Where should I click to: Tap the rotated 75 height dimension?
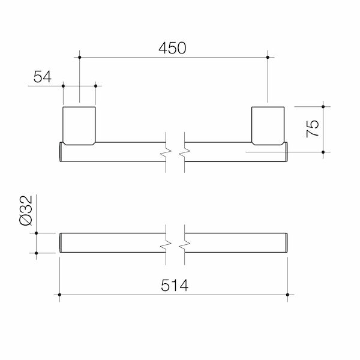(x=311, y=129)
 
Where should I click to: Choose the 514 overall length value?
(x=173, y=286)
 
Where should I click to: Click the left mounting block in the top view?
(x=79, y=125)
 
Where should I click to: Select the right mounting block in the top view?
(x=267, y=125)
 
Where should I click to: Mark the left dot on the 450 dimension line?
(x=79, y=58)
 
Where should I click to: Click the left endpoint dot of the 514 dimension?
(x=59, y=295)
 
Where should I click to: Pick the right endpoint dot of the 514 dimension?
(x=288, y=295)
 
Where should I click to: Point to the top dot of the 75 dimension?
(x=323, y=107)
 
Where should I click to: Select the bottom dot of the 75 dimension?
(x=323, y=152)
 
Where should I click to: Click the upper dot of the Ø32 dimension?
(x=37, y=232)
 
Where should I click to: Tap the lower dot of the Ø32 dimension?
(x=37, y=253)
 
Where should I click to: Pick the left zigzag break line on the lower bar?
(x=166, y=243)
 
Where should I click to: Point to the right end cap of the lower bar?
(x=287, y=243)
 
